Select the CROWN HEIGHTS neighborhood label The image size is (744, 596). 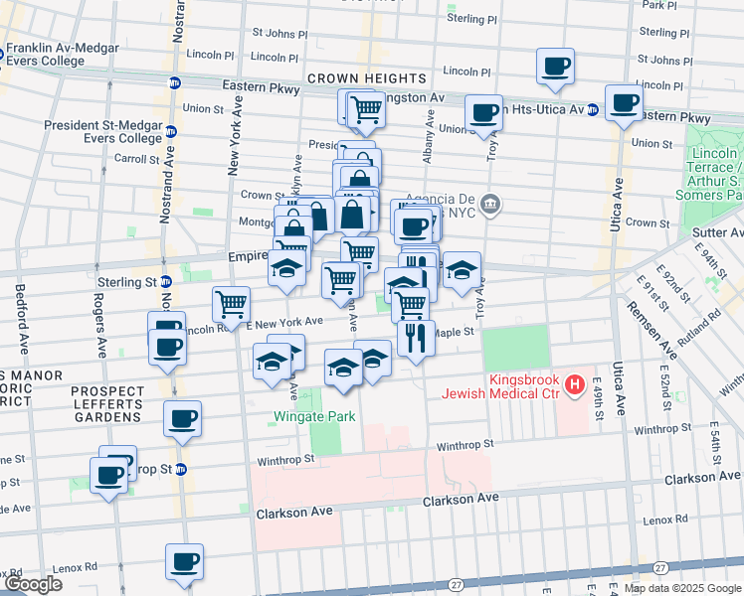tap(366, 77)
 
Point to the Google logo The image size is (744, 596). tap(33, 584)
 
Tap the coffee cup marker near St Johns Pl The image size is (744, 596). tap(556, 68)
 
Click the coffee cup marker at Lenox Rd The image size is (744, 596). tap(184, 562)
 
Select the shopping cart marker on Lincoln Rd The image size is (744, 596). tap(231, 304)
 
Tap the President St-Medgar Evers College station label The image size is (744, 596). tap(102, 131)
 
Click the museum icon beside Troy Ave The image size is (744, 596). tap(489, 206)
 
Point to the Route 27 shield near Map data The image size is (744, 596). tap(660, 567)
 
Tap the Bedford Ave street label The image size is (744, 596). tap(21, 320)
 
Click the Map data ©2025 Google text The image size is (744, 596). tap(680, 587)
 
